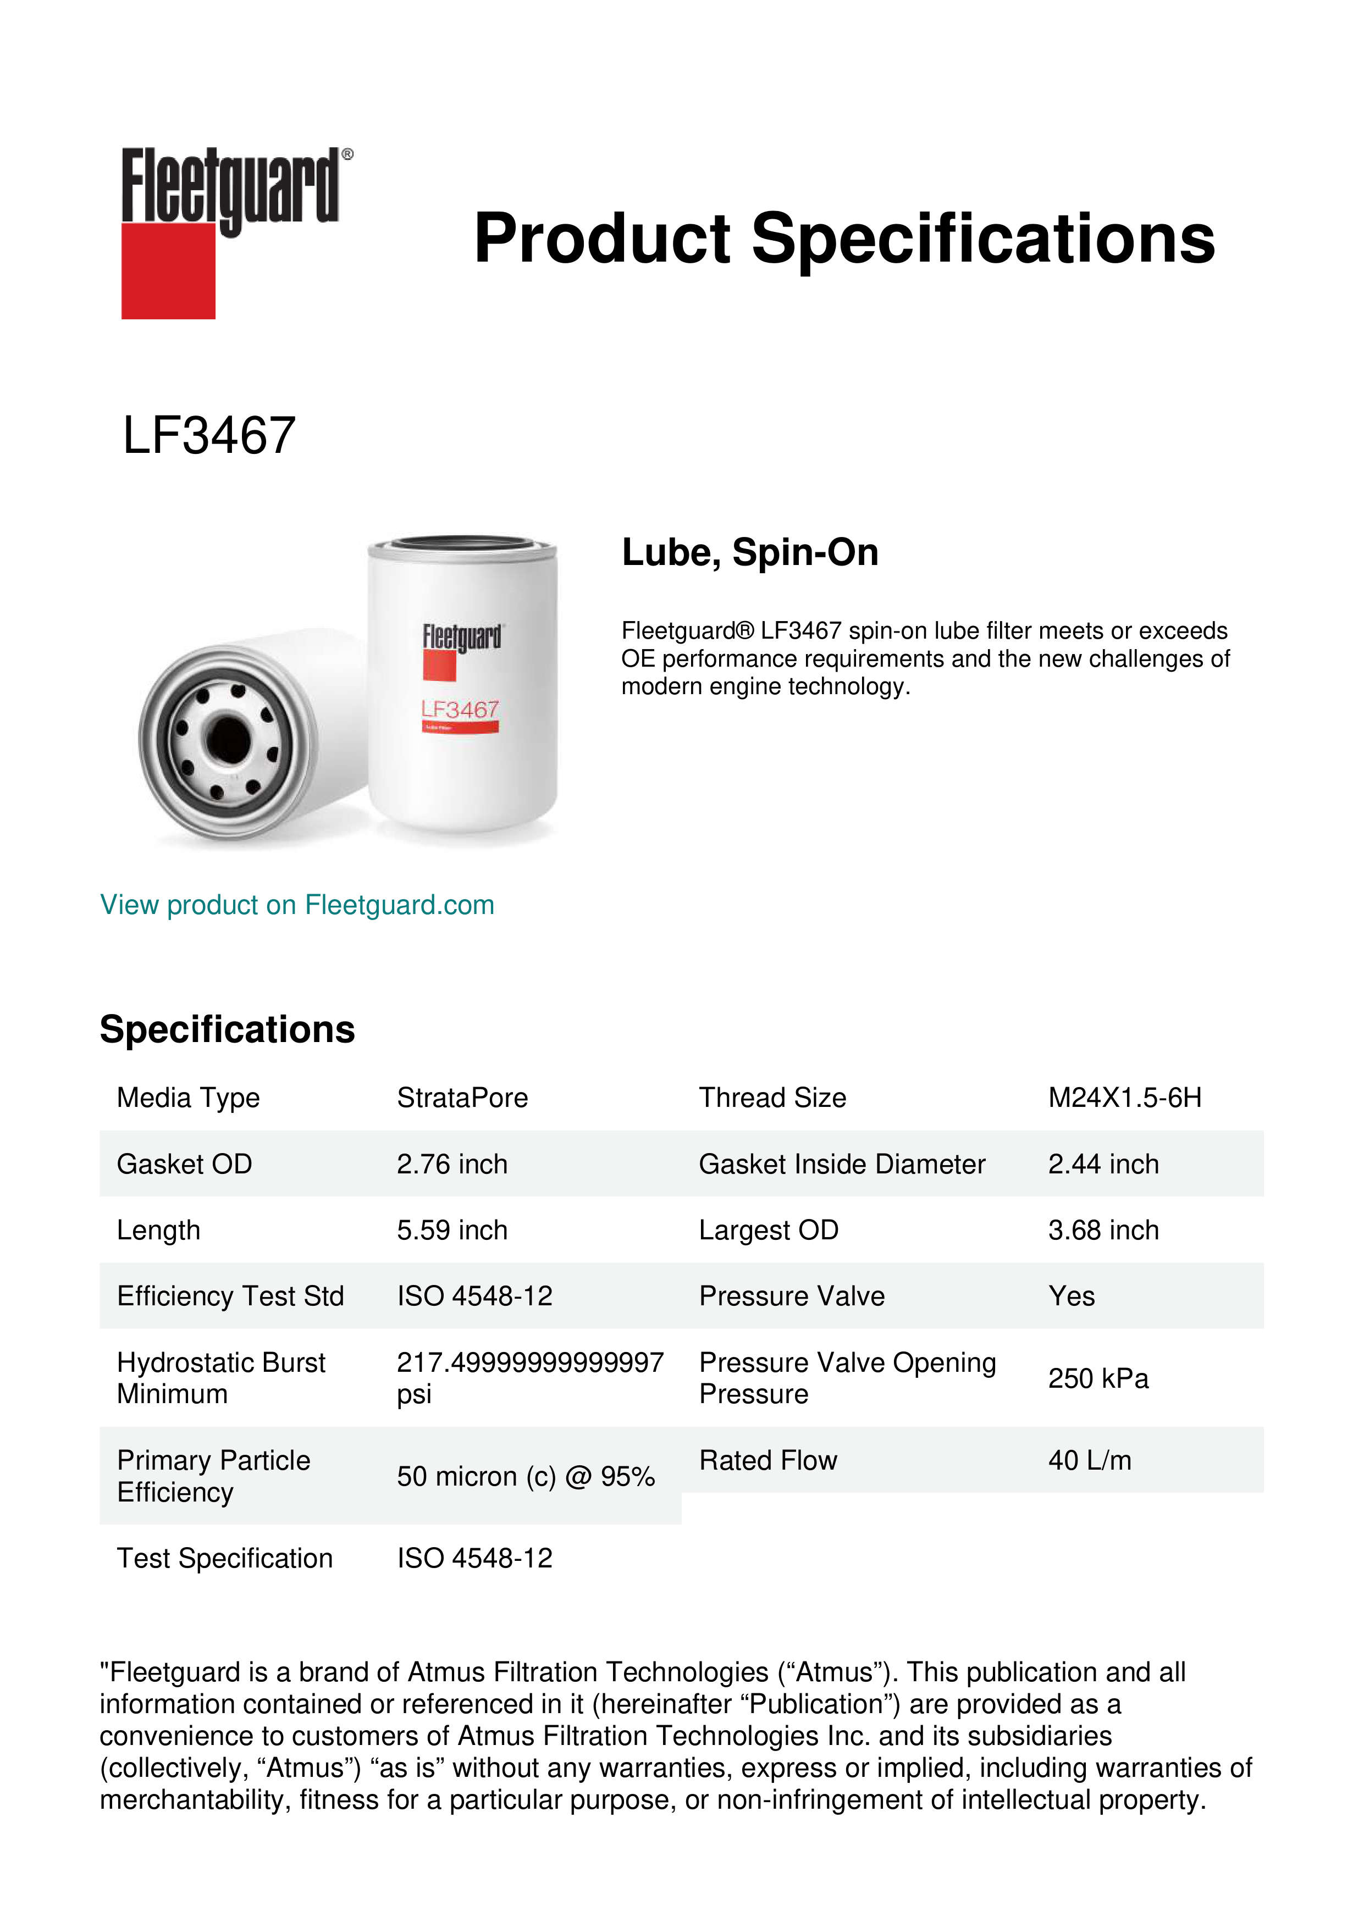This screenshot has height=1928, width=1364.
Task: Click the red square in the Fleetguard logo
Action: click(168, 270)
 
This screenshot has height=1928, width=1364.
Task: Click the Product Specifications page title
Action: click(844, 239)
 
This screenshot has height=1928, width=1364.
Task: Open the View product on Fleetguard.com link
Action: click(296, 905)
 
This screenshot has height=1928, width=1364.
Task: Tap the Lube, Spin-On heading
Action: click(749, 552)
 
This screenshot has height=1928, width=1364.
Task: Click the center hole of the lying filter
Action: click(228, 740)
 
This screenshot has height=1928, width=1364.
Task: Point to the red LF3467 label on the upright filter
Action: click(460, 711)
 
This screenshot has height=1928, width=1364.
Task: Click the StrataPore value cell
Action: click(462, 1098)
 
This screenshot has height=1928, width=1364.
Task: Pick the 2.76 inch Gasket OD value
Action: click(452, 1164)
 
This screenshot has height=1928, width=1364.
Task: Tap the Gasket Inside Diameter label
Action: click(842, 1164)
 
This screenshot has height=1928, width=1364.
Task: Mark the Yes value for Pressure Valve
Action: click(1071, 1296)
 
